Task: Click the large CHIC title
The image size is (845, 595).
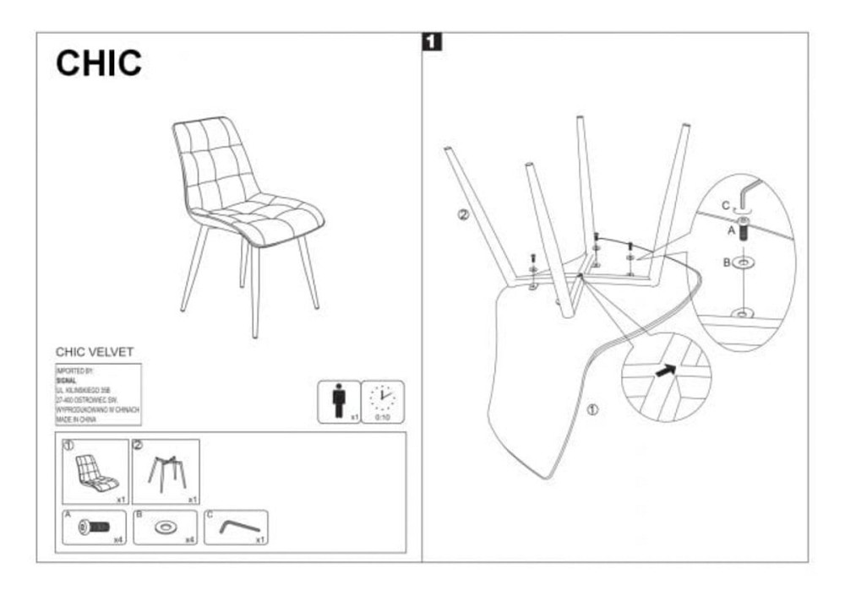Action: (99, 63)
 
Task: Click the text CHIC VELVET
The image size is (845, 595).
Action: (95, 352)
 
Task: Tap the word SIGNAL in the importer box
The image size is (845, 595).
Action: (66, 381)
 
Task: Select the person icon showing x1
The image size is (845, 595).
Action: (339, 401)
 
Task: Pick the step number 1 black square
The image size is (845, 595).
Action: (432, 41)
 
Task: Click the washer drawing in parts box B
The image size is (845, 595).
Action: (164, 527)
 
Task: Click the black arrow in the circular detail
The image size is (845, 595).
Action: (668, 369)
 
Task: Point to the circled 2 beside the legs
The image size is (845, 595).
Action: (462, 214)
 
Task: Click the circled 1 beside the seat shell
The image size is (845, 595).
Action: (592, 411)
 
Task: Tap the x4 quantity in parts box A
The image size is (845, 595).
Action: (118, 538)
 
